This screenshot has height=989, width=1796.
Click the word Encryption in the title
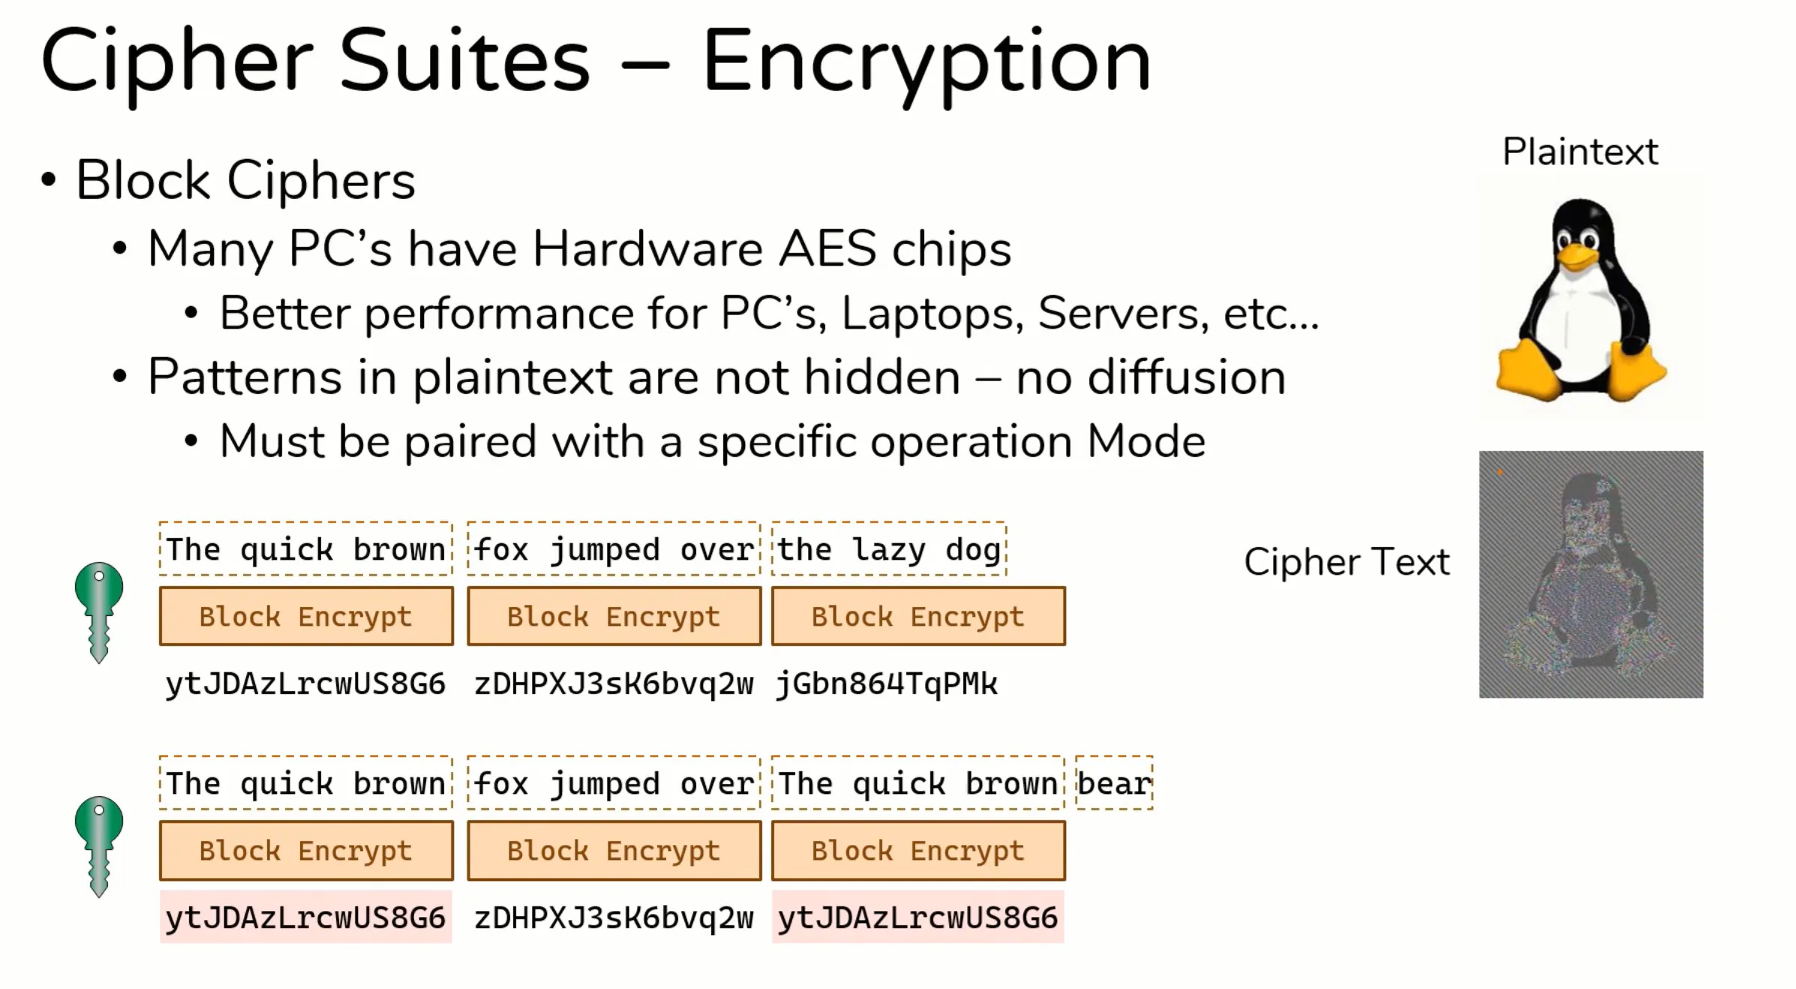click(x=927, y=62)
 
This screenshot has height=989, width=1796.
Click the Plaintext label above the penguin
click(x=1580, y=152)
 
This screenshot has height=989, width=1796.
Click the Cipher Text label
click(x=1347, y=562)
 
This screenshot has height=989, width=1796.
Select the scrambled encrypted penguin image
click(x=1590, y=574)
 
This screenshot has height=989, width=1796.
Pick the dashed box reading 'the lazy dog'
click(x=888, y=549)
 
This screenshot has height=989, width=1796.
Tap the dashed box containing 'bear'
click(x=1114, y=783)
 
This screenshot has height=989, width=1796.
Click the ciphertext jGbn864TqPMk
click(x=887, y=684)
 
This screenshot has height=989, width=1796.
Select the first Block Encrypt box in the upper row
click(x=306, y=617)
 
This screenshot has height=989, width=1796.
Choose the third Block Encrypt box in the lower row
click(x=918, y=851)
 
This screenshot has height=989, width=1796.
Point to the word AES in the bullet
click(x=827, y=248)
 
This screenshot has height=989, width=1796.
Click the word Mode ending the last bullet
click(x=1146, y=441)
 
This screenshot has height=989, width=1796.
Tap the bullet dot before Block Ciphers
click(x=49, y=180)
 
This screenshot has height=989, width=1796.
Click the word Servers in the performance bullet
click(x=1122, y=313)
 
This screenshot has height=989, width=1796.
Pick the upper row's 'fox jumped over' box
click(x=614, y=549)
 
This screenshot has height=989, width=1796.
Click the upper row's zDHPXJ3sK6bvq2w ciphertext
click(x=614, y=684)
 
